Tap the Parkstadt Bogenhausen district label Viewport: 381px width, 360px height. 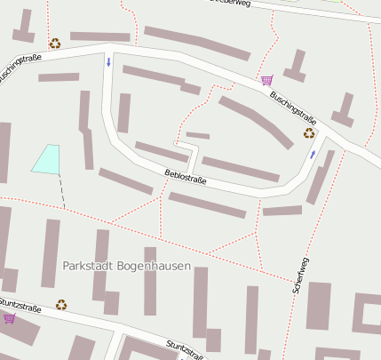click(x=127, y=266)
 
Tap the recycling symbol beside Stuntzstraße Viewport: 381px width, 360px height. click(x=61, y=304)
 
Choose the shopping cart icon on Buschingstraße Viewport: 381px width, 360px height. click(x=266, y=80)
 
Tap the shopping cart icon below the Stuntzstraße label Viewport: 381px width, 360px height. click(x=9, y=317)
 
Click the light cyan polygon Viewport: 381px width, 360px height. click(x=47, y=158)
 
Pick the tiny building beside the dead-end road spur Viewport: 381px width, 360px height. click(x=197, y=135)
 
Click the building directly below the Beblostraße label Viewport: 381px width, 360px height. click(x=207, y=204)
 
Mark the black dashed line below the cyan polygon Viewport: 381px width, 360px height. click(x=62, y=190)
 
